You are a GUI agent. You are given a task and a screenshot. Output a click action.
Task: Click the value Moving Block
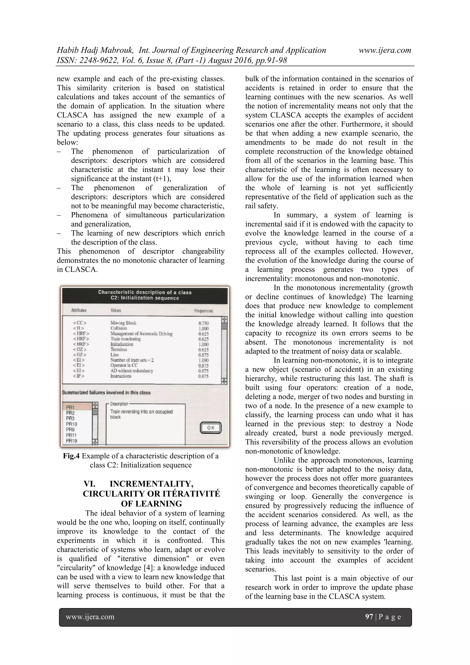click(123, 323)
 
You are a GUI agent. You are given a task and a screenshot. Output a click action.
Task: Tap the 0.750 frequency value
click(204, 323)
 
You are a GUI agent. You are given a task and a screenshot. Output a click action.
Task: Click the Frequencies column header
click(203, 311)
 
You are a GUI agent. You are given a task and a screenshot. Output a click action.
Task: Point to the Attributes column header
click(79, 310)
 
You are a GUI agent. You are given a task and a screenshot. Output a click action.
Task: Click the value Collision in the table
click(118, 328)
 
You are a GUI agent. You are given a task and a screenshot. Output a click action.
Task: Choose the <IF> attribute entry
click(79, 376)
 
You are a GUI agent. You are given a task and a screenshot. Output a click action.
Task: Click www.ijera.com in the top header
click(385, 51)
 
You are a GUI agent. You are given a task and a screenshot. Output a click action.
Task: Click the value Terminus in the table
click(119, 349)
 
